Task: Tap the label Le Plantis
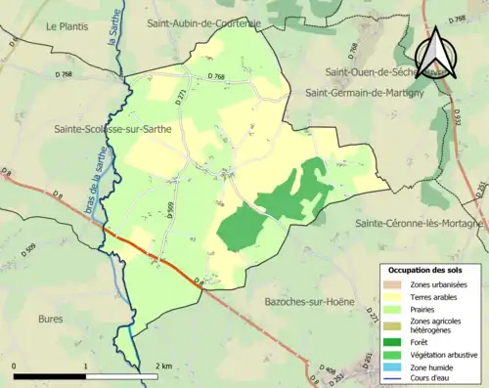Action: point(67,26)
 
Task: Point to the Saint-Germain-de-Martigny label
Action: point(367,92)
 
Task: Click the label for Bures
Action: point(51,319)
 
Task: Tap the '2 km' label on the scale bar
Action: point(165,366)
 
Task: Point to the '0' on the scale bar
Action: point(14,366)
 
